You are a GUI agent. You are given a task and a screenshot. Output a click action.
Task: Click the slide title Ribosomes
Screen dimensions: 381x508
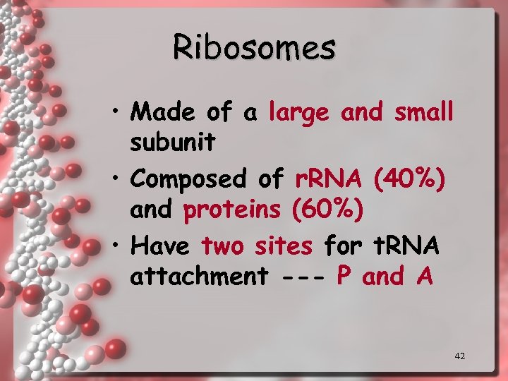pyautogui.click(x=254, y=47)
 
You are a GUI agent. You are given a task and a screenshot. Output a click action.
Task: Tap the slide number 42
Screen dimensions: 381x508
pyautogui.click(x=459, y=356)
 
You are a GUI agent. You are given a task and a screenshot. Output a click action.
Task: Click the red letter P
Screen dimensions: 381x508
pyautogui.click(x=344, y=277)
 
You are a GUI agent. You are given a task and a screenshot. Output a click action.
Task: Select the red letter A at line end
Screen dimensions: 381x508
pyautogui.click(x=424, y=277)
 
